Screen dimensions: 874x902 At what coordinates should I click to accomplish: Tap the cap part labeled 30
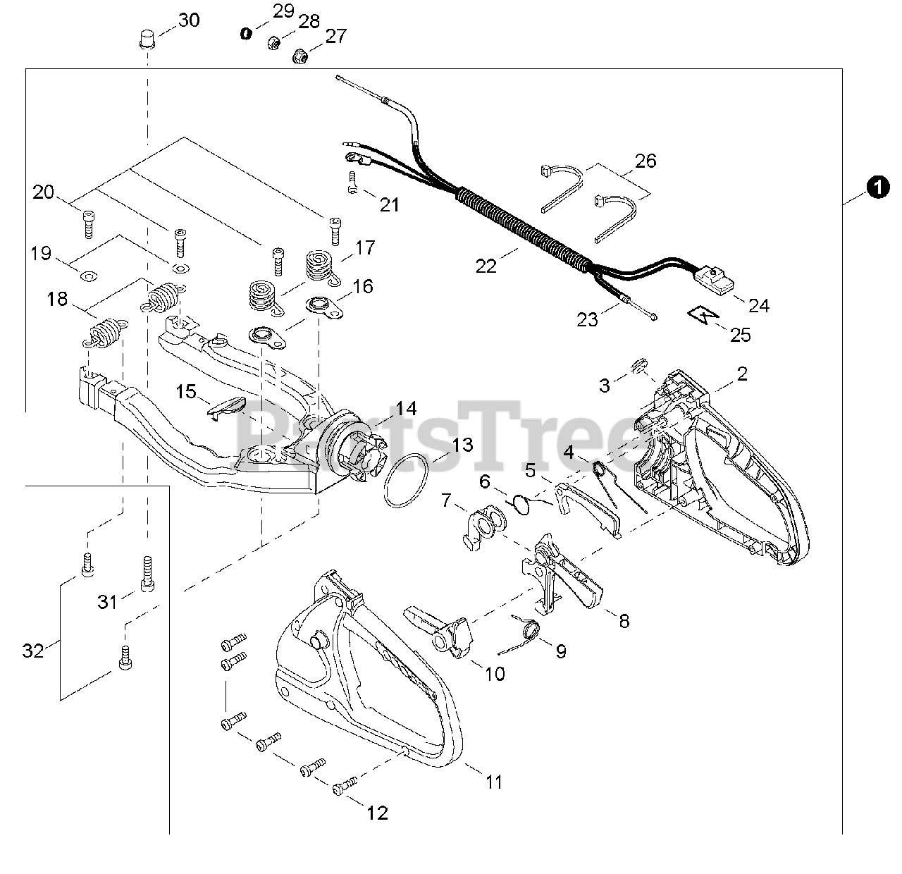coord(147,37)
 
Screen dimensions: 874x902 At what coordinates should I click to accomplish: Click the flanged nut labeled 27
coord(299,54)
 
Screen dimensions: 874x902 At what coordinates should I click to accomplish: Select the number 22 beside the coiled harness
coord(486,266)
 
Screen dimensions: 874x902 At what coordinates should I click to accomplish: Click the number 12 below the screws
coord(378,813)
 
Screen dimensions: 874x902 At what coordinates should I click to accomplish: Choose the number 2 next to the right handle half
coord(742,374)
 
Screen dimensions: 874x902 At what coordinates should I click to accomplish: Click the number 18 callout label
coord(58,299)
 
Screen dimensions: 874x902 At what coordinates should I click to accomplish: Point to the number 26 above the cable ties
coord(645,161)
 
